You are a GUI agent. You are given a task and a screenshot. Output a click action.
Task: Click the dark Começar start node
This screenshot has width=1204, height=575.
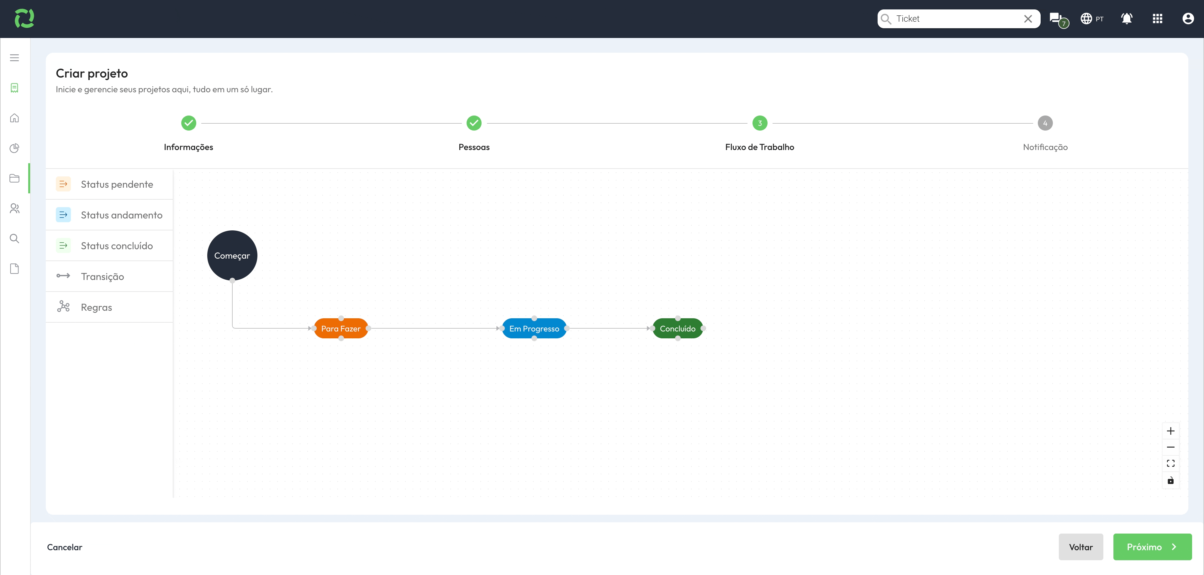click(x=232, y=255)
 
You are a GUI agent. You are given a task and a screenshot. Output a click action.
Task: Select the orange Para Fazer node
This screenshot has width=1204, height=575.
click(x=341, y=328)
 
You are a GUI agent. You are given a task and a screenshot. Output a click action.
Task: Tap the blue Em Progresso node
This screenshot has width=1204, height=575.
click(x=534, y=328)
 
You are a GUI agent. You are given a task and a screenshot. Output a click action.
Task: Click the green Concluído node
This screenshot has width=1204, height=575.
click(x=678, y=328)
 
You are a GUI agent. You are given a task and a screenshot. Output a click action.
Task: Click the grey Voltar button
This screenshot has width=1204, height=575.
click(x=1080, y=547)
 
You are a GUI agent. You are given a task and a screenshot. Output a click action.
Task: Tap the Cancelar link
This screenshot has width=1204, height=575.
click(x=65, y=547)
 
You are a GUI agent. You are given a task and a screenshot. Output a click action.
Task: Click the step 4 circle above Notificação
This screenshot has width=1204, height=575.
click(x=1045, y=123)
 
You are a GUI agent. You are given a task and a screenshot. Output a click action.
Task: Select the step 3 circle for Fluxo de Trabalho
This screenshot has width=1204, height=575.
click(x=759, y=123)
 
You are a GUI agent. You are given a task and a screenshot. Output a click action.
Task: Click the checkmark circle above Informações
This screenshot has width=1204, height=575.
click(x=188, y=123)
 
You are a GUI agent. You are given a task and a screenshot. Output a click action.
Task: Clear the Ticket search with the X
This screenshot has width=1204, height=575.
click(x=1028, y=19)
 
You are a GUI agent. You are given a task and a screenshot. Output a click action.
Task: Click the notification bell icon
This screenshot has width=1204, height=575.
click(x=1127, y=19)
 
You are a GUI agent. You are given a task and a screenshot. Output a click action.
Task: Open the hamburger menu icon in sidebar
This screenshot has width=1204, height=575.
click(x=14, y=57)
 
